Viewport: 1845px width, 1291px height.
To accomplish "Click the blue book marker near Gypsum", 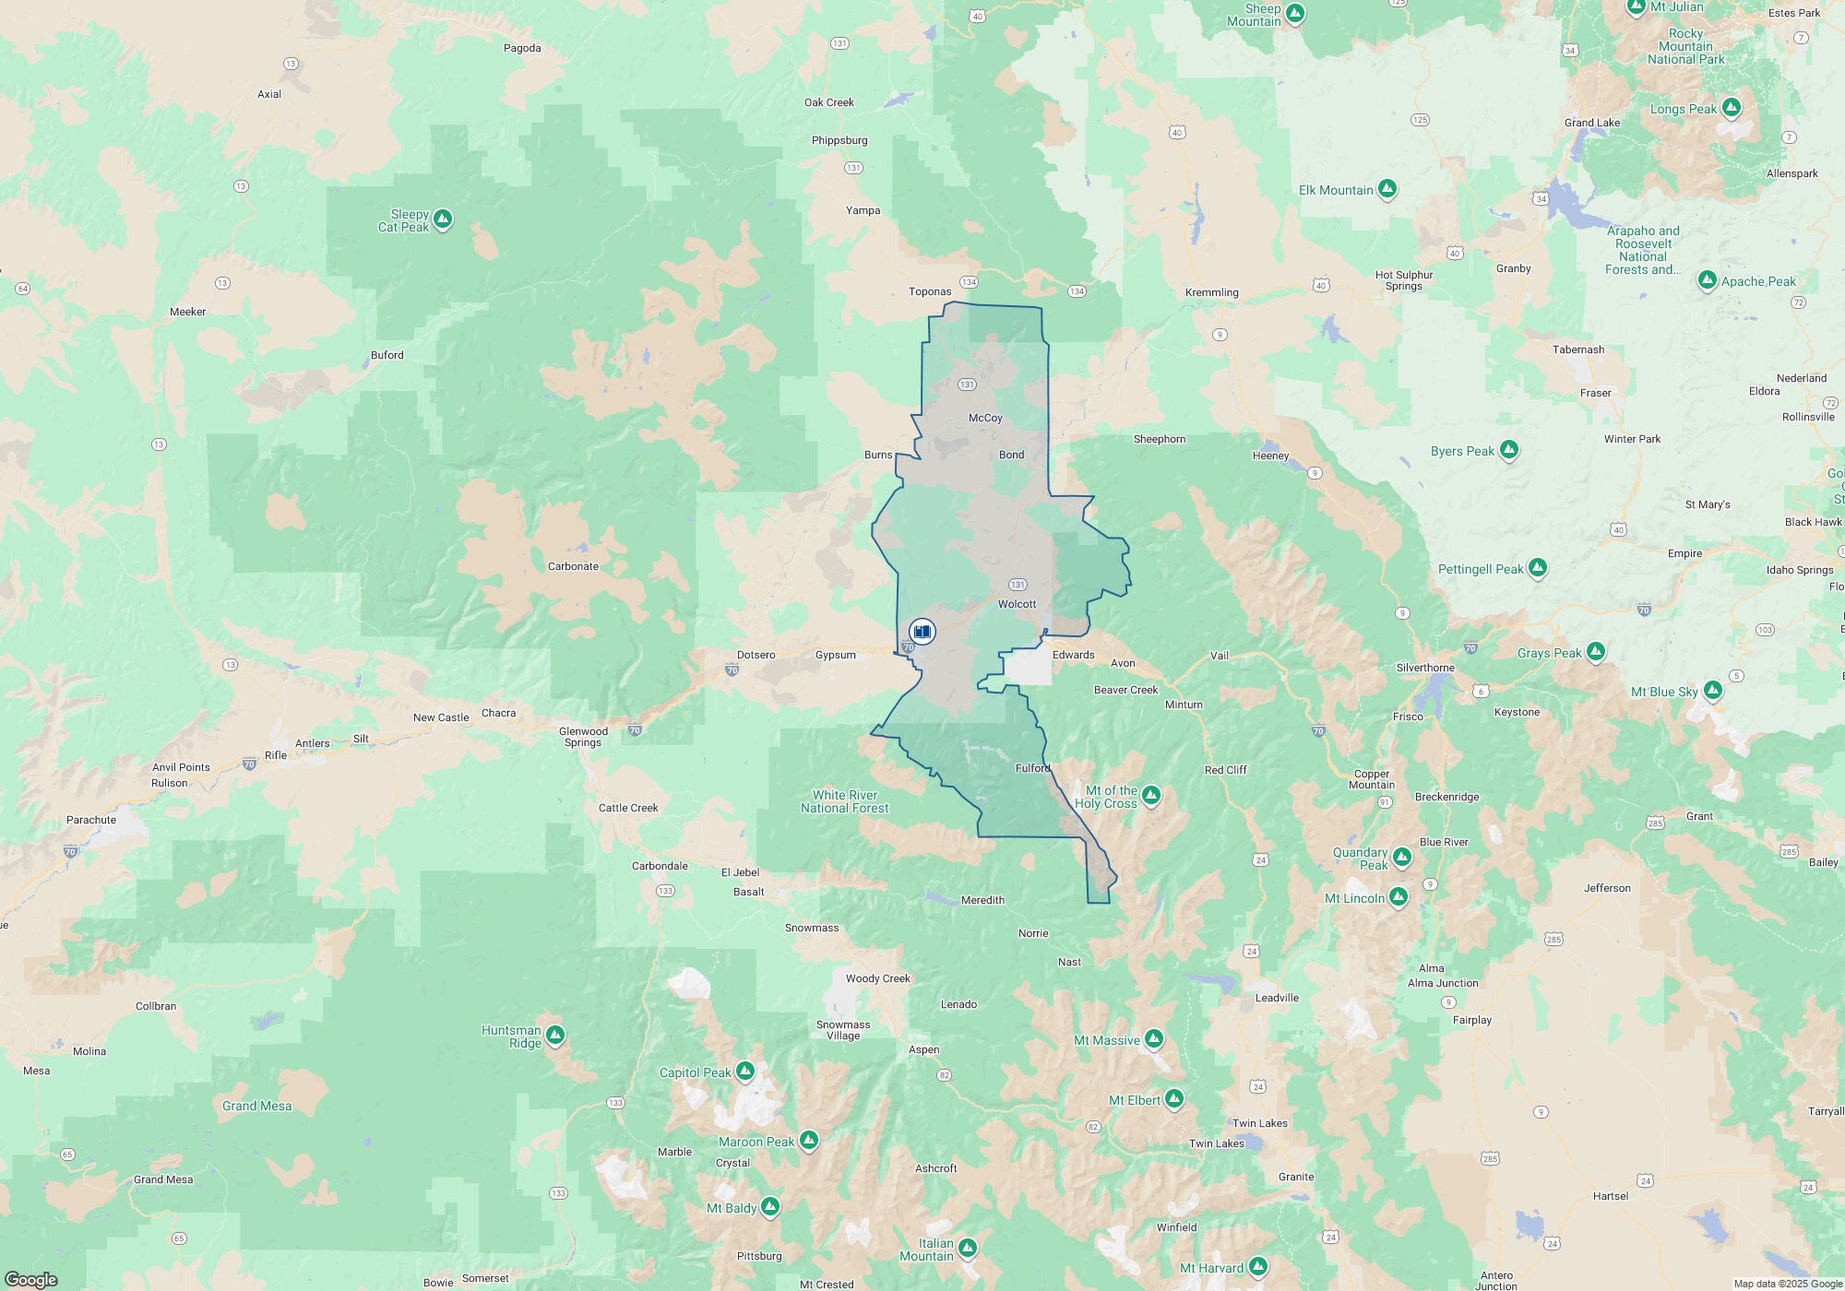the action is pos(922,632).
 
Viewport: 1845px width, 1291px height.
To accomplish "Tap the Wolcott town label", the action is pos(1017,604).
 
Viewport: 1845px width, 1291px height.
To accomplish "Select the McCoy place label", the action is pos(985,418).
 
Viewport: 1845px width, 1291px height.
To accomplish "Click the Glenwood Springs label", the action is pos(583,737).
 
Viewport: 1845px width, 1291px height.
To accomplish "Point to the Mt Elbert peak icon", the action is pos(1173,1099).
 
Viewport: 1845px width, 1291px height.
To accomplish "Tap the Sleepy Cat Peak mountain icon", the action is pos(443,219).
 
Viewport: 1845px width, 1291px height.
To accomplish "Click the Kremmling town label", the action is pos(1211,292).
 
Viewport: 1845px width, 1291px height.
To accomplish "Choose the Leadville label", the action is pos(1277,998).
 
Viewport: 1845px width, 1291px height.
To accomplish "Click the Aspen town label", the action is pos(923,1049).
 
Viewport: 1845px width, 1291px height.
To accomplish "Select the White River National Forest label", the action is pos(844,801).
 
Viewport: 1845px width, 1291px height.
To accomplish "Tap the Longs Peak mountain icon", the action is pos(1731,108).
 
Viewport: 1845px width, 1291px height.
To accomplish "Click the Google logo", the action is pos(31,1279).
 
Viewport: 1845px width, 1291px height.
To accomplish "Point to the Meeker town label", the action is pos(187,312).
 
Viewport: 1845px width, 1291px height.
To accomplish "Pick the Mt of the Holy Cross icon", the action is pos(1150,795).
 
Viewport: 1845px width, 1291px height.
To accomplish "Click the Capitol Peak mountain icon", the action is pos(745,1072).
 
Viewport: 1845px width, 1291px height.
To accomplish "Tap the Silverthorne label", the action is pos(1425,668).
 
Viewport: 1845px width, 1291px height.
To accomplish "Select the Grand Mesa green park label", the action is pos(256,1106).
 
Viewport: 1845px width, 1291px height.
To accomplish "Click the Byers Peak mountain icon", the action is pos(1509,450).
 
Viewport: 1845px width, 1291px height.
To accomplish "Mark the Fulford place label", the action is pos(1032,768).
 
